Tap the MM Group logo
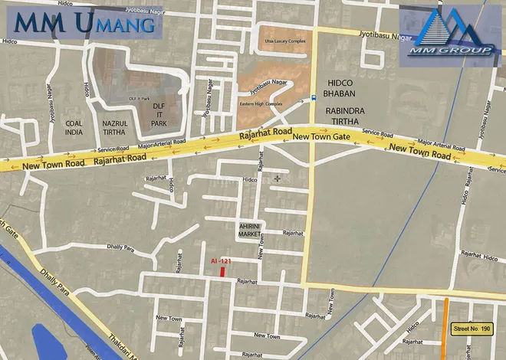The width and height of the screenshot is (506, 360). click(x=450, y=34)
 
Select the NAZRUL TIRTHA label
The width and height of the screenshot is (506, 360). click(x=118, y=128)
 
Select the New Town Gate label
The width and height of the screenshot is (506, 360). click(x=320, y=136)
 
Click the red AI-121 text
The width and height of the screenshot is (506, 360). click(x=221, y=261)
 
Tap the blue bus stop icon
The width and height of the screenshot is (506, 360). click(x=313, y=98)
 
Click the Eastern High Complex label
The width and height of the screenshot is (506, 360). click(x=261, y=103)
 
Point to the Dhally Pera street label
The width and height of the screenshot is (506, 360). click(x=120, y=247)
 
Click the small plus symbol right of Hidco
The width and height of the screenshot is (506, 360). click(x=278, y=179)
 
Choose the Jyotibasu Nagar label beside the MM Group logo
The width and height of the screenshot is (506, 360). click(x=376, y=34)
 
